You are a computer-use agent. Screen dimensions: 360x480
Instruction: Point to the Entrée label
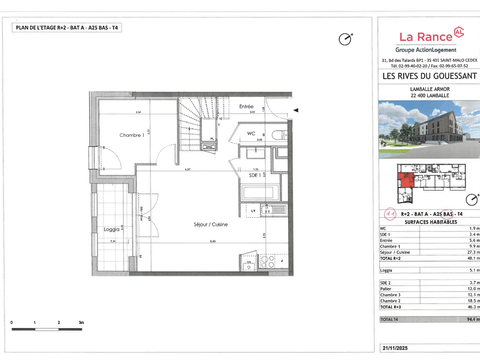coord(246,106)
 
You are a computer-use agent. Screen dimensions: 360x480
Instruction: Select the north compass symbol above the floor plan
coord(345,39)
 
